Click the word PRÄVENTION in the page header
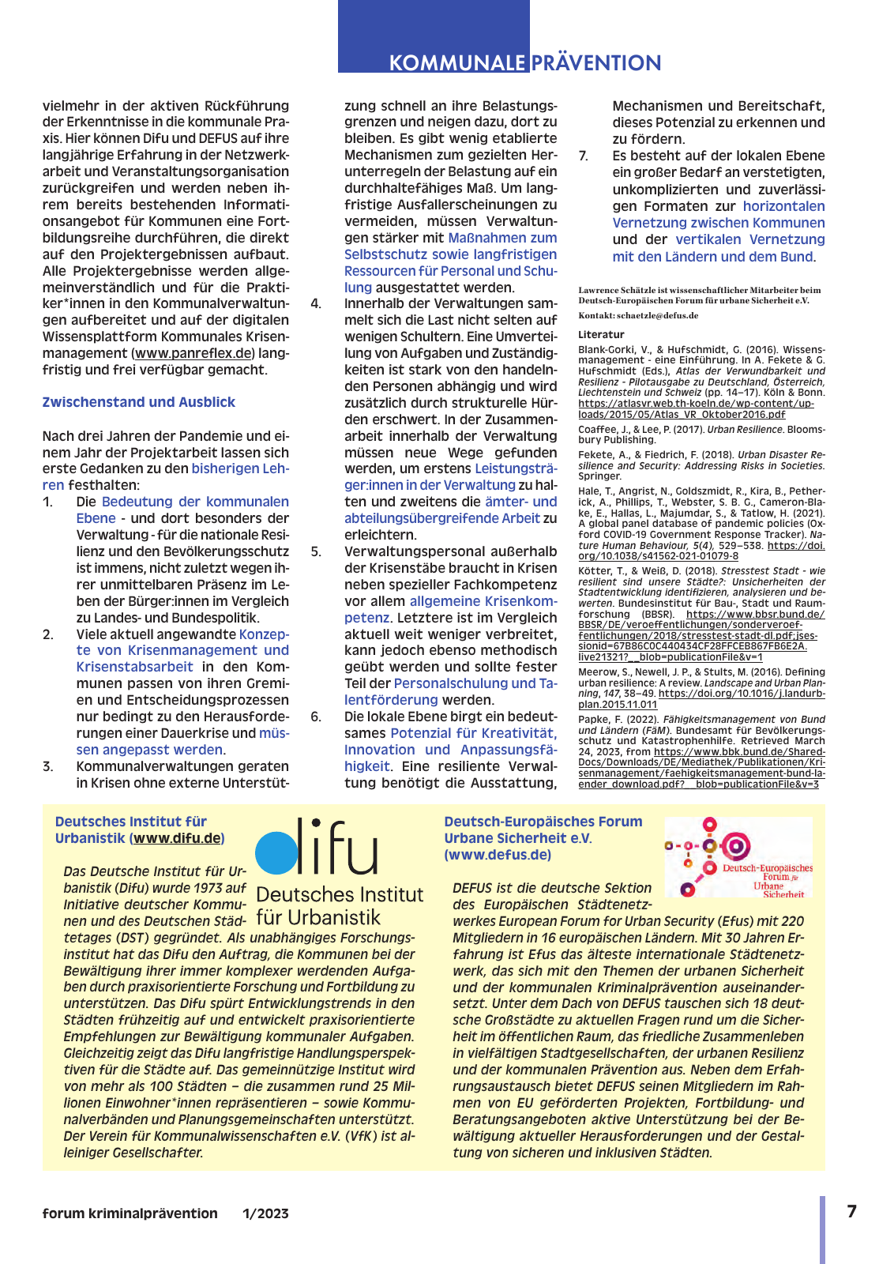coord(596,63)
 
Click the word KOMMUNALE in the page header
coord(456,63)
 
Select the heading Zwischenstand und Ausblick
coord(139,402)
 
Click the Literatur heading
coord(601,334)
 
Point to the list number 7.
coord(583,156)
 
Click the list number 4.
coord(316,303)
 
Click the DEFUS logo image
coord(738,857)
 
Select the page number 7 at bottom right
coord(851,1211)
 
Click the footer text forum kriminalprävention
coord(130,1213)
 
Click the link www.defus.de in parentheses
coord(497,855)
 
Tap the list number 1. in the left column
coord(48,502)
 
